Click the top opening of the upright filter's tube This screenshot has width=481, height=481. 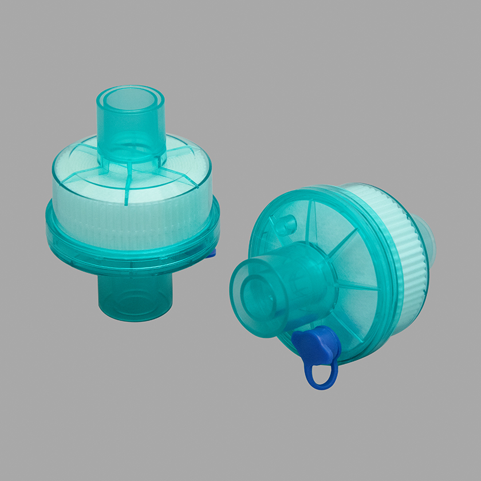[x=131, y=97]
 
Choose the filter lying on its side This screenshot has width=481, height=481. [x=338, y=275]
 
